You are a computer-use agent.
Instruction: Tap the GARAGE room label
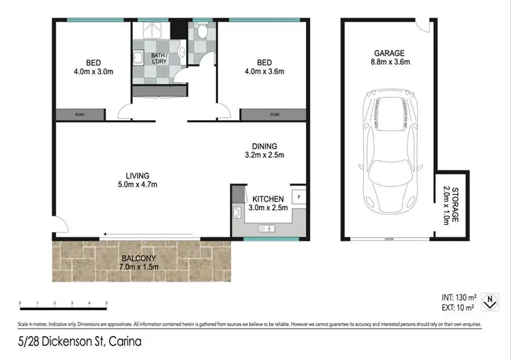[388, 52]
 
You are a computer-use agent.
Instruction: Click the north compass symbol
[488, 301]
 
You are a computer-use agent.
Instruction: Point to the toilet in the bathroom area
[202, 31]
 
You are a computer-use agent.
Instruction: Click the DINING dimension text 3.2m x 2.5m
[264, 155]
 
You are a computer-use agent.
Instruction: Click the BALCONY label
[139, 257]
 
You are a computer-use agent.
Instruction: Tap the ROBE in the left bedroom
[80, 114]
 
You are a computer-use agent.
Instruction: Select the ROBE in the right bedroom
[275, 114]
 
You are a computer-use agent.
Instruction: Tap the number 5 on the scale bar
[106, 302]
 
